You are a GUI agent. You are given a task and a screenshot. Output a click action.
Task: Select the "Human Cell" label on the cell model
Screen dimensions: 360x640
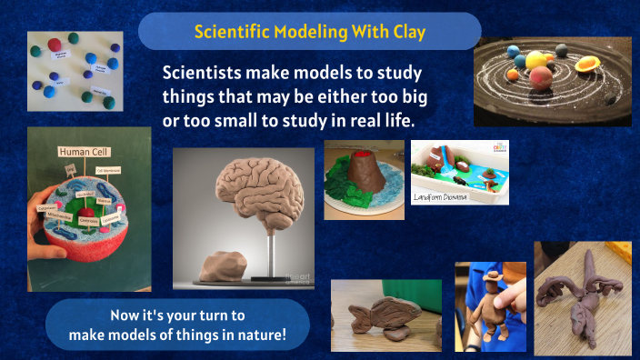(84, 152)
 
